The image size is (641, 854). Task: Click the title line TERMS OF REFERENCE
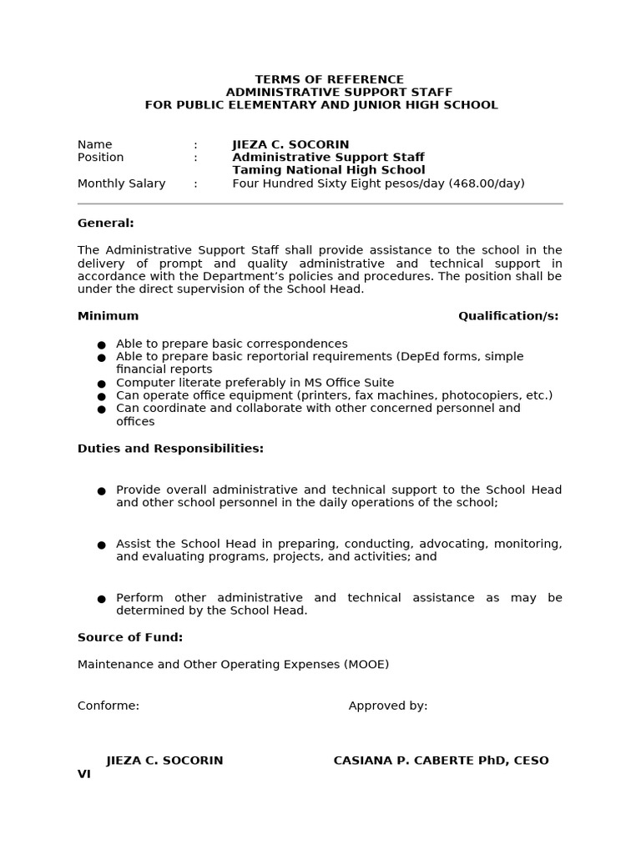click(x=329, y=79)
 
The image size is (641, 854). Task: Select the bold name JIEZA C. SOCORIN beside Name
click(x=290, y=144)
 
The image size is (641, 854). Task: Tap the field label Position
click(x=100, y=157)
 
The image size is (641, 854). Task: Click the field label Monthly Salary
click(x=121, y=183)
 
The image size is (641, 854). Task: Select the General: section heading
click(x=105, y=223)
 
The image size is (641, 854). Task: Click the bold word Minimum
click(x=108, y=315)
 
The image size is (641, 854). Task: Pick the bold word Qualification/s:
click(x=508, y=315)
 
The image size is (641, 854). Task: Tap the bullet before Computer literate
click(x=102, y=384)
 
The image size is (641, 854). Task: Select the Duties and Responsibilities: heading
click(x=170, y=448)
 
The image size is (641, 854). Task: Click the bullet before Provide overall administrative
click(x=102, y=491)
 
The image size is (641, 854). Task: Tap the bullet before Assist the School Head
click(x=102, y=545)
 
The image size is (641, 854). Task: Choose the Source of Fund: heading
click(x=129, y=637)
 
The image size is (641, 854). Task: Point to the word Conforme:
click(x=109, y=706)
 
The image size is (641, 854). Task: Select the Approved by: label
click(x=388, y=706)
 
